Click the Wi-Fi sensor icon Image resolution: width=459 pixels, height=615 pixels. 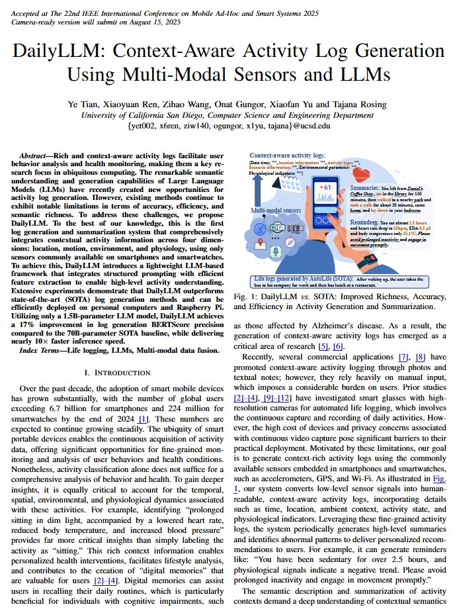(x=279, y=228)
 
